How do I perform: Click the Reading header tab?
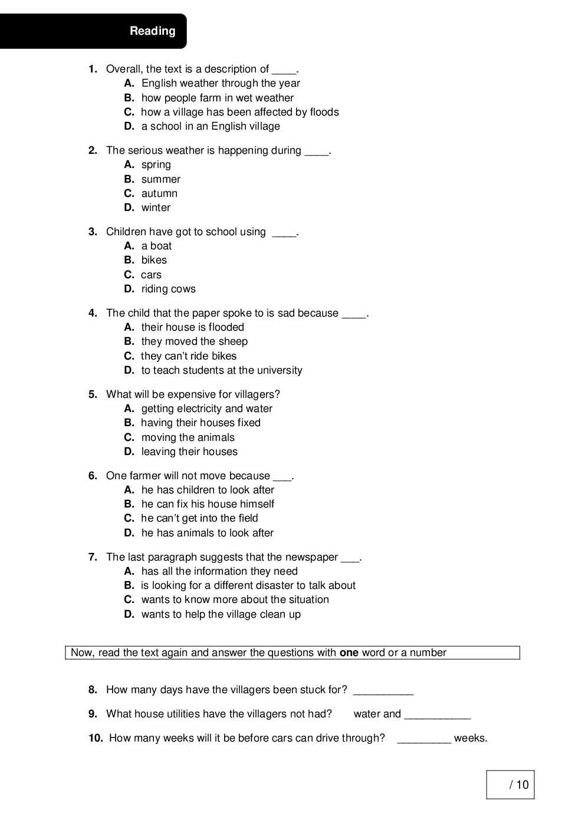(x=152, y=31)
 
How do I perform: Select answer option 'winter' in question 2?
(x=156, y=207)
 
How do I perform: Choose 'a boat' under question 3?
(x=156, y=246)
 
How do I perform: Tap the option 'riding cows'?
(x=168, y=289)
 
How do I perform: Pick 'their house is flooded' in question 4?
(x=192, y=327)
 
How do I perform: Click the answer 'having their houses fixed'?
(x=201, y=423)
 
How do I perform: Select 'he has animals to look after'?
(x=207, y=533)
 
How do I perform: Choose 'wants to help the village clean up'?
(x=221, y=614)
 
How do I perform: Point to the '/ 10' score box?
(x=510, y=785)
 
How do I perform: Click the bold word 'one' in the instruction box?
(x=349, y=653)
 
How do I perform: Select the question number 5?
(x=93, y=394)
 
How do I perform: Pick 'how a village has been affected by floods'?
(x=239, y=112)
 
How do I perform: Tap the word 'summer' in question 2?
(x=160, y=179)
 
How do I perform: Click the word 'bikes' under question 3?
(x=154, y=260)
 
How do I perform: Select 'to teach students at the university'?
(x=221, y=370)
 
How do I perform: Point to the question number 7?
(x=93, y=557)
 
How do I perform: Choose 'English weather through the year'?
(x=221, y=83)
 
